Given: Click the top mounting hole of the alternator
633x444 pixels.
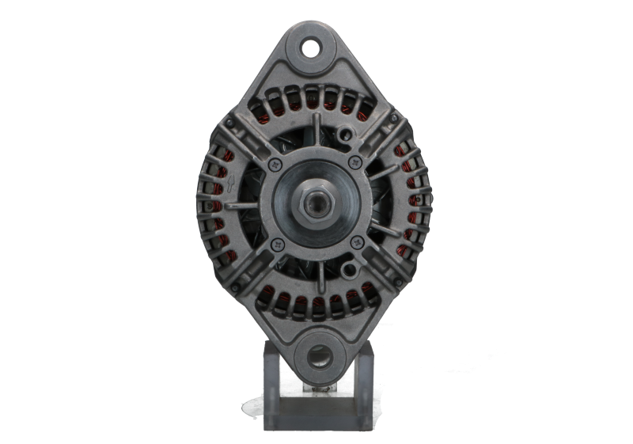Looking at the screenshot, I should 315,47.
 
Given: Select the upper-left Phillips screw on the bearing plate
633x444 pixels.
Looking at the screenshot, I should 275,164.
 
